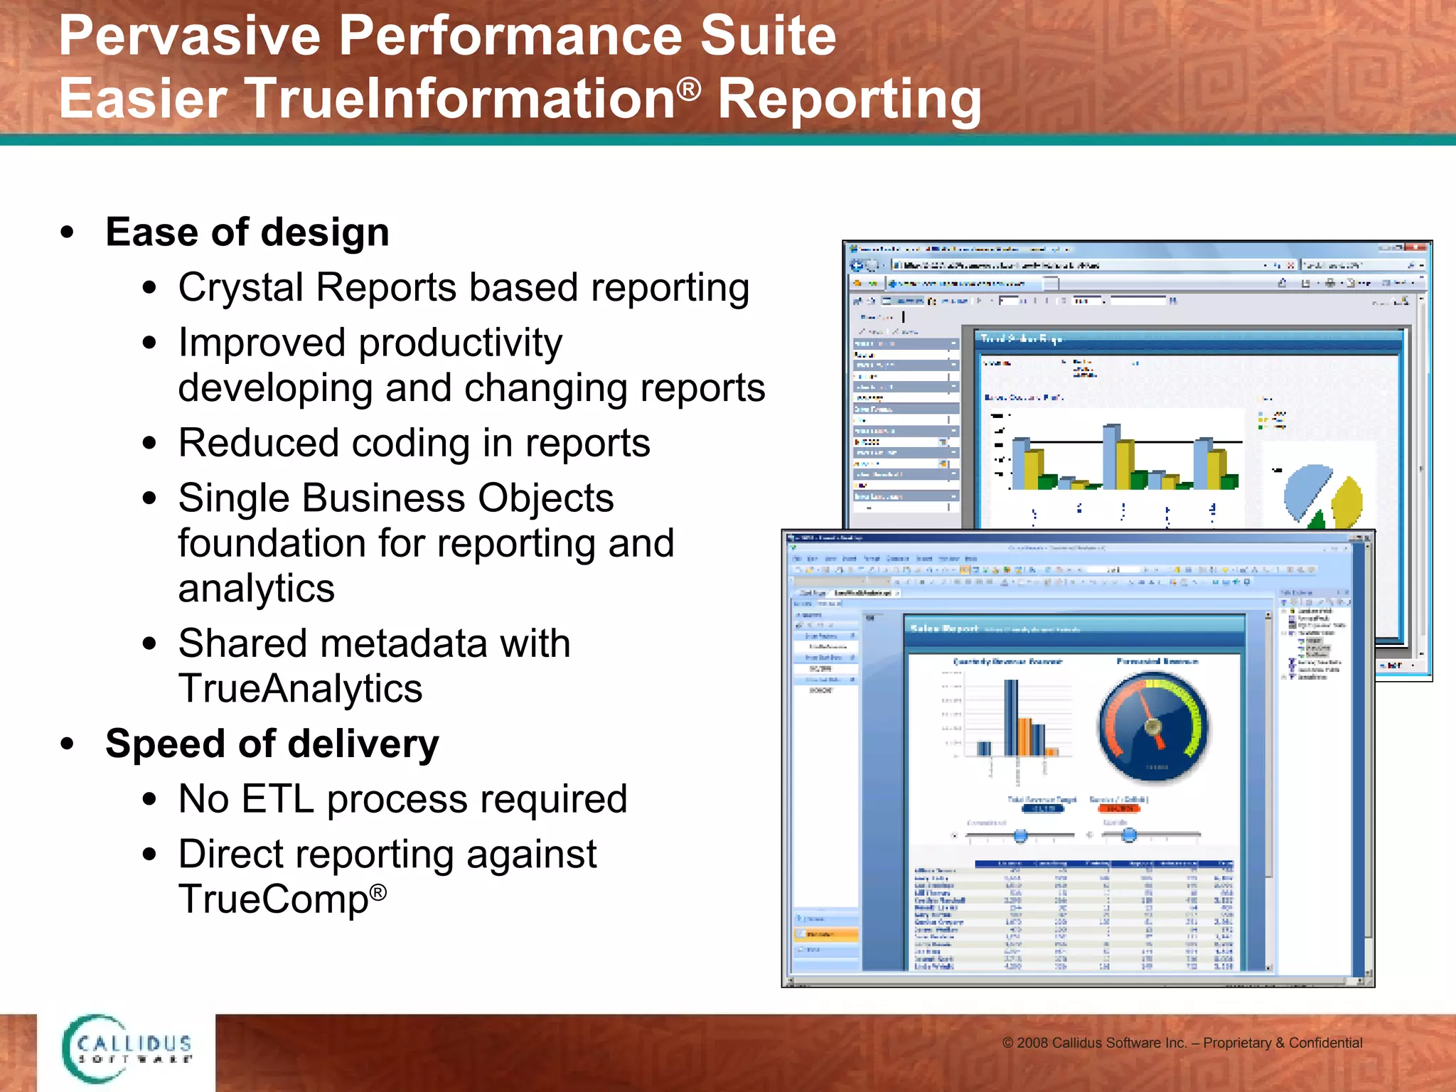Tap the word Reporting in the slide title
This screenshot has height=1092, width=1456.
tap(849, 100)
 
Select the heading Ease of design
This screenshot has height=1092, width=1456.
tap(247, 232)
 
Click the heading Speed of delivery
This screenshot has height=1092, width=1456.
tap(272, 744)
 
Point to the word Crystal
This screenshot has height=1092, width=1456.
tap(240, 288)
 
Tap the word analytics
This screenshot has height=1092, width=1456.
tap(256, 589)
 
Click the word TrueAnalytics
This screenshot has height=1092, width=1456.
tap(300, 689)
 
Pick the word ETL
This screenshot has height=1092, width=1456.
tap(277, 799)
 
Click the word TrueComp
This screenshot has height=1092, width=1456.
tap(273, 899)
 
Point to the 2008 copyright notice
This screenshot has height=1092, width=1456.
tap(1182, 1043)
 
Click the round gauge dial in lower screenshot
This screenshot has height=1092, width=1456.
tap(1152, 727)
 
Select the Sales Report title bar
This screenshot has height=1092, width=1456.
tap(1074, 629)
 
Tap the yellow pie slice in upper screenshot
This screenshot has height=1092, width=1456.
tap(1347, 501)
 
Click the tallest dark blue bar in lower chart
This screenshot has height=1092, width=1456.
tap(1010, 718)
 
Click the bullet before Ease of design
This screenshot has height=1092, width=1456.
tap(68, 233)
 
